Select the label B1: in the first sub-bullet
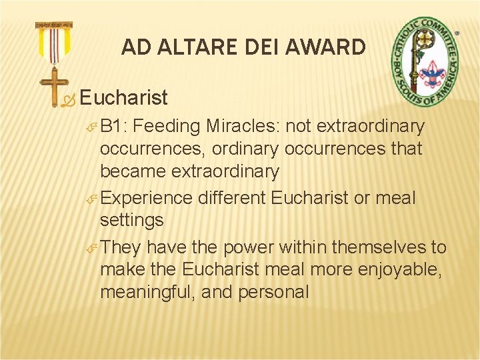tap(118, 126)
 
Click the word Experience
tap(147, 198)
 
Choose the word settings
tap(133, 219)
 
